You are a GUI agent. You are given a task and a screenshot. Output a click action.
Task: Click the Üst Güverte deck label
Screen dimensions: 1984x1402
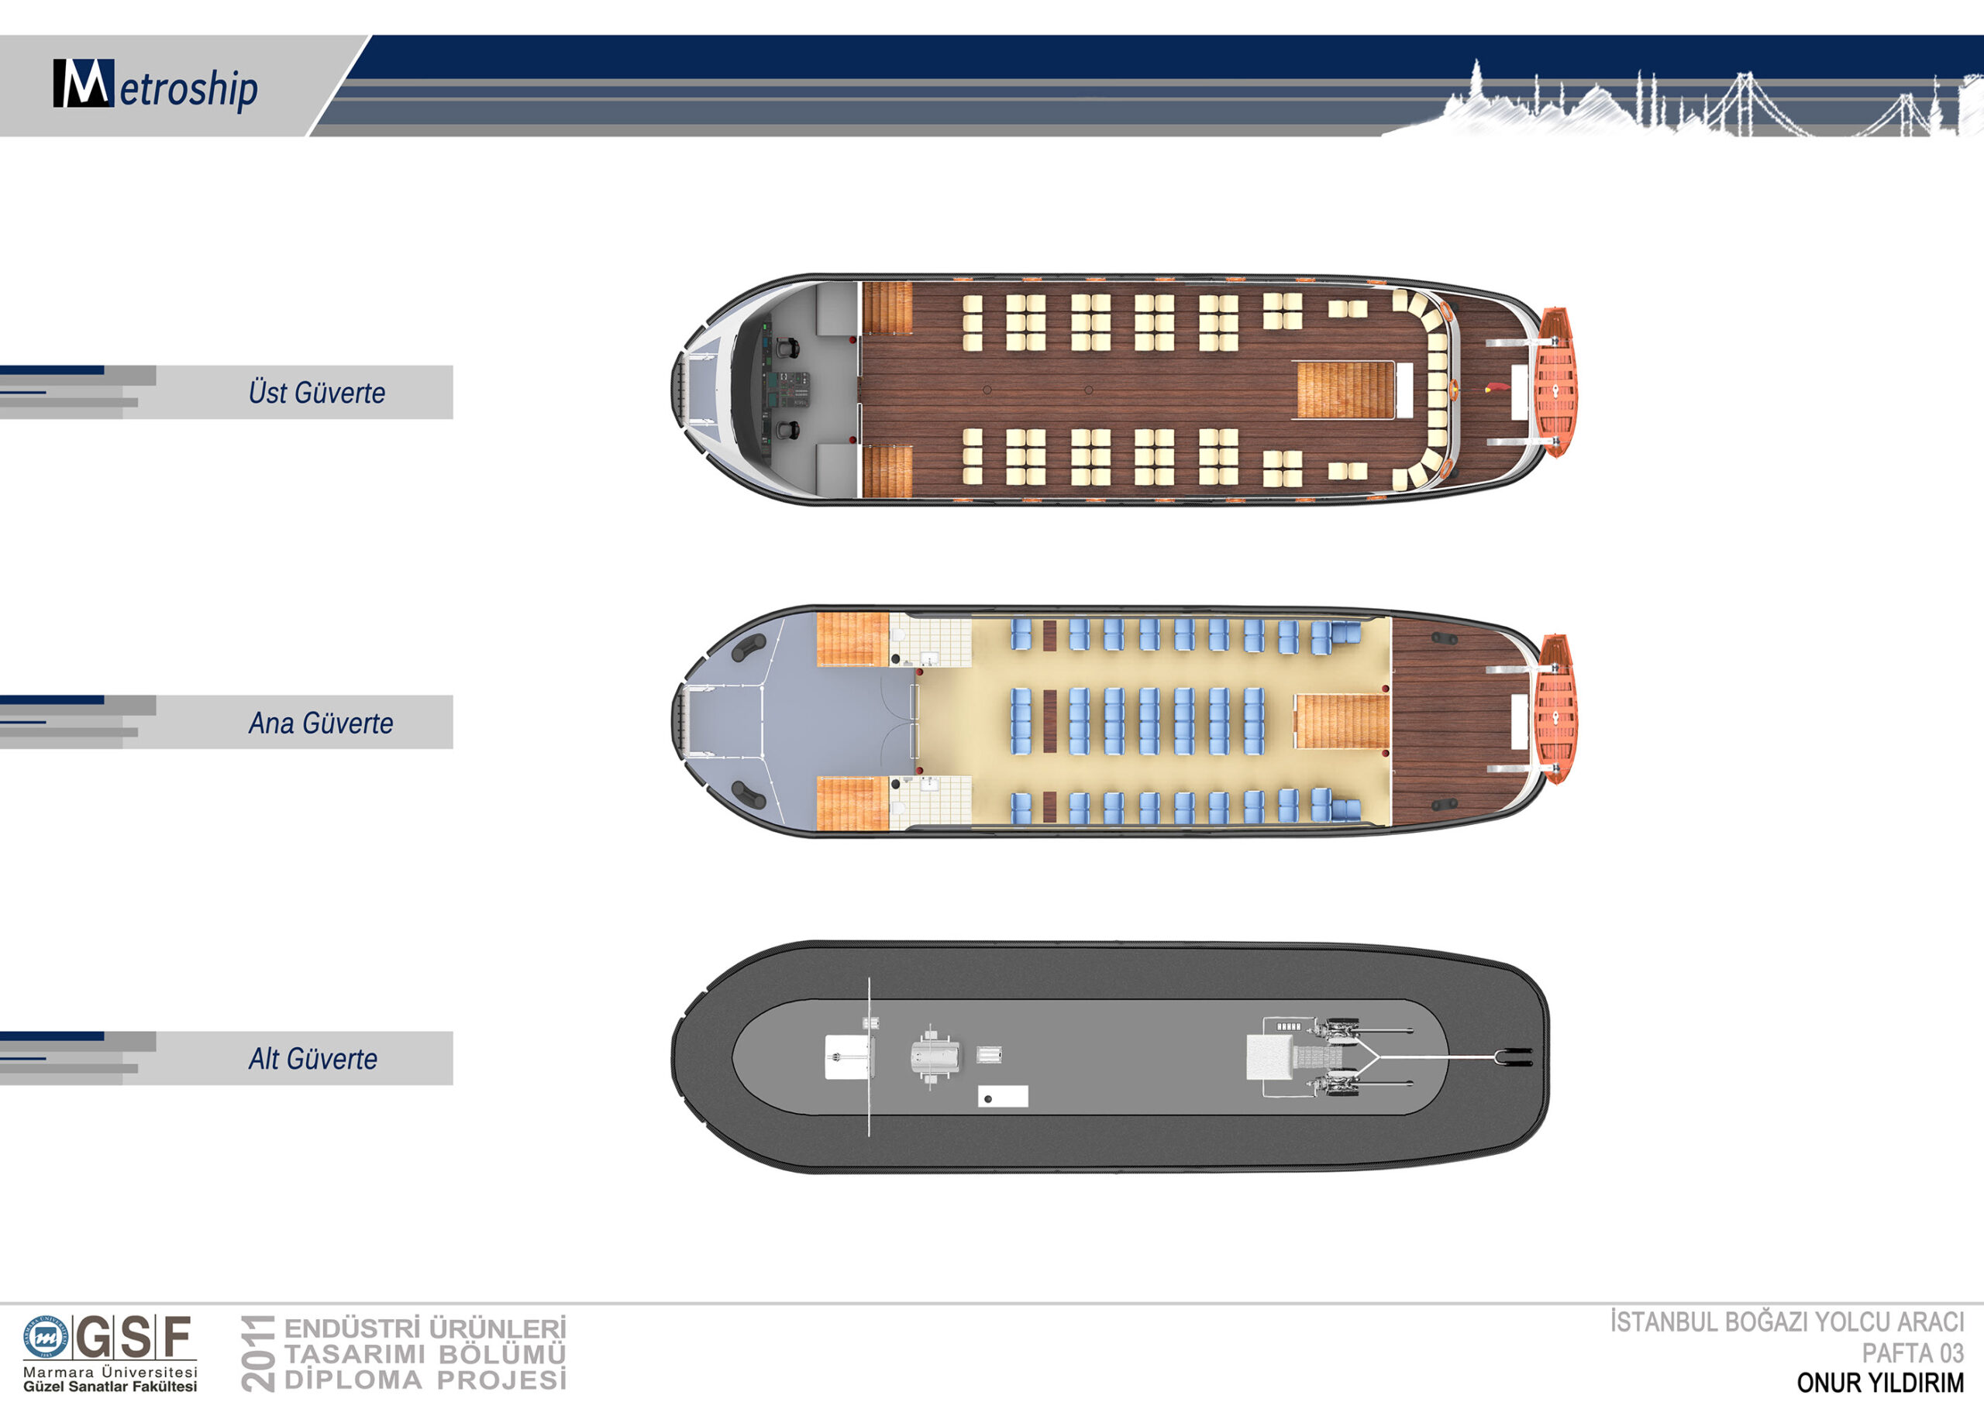click(x=317, y=392)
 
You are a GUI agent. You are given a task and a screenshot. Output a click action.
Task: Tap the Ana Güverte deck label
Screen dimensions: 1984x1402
click(x=321, y=722)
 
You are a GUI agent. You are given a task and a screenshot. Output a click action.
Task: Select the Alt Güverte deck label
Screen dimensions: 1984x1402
click(x=313, y=1058)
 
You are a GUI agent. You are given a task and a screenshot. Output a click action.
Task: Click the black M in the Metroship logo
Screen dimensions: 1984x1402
click(x=83, y=83)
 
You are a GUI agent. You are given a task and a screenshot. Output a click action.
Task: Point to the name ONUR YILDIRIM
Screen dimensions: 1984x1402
click(x=1880, y=1383)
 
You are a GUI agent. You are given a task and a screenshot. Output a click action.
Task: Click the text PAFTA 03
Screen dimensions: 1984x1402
click(x=1913, y=1352)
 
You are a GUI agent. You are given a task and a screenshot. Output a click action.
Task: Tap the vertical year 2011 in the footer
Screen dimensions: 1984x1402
click(x=257, y=1352)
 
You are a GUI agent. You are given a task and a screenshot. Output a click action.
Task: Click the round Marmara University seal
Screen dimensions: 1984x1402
click(x=46, y=1338)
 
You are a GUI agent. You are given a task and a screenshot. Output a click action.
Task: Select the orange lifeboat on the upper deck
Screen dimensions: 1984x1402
click(x=1555, y=381)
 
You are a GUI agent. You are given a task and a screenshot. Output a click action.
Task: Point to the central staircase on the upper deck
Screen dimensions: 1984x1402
click(x=1345, y=390)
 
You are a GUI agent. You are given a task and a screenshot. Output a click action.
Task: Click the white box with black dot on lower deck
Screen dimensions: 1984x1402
click(x=1002, y=1096)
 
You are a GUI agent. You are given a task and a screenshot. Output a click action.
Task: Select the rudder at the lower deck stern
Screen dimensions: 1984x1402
click(x=1514, y=1057)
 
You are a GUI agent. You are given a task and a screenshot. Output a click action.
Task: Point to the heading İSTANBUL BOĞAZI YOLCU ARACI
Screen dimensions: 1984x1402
click(x=1787, y=1322)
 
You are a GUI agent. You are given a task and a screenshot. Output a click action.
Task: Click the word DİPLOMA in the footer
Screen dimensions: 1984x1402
click(x=355, y=1380)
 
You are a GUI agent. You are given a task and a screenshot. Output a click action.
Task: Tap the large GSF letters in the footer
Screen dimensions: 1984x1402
click(x=134, y=1338)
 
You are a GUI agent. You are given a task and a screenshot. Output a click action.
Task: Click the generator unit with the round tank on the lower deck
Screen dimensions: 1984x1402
click(x=935, y=1055)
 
